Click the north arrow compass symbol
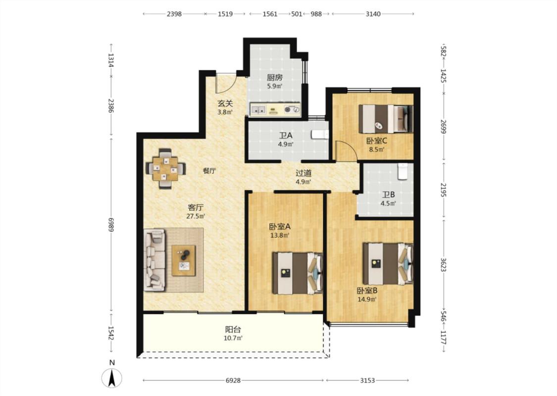coord(112,377)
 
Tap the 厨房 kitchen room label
coord(275,77)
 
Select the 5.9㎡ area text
coord(275,86)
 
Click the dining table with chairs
coord(165,168)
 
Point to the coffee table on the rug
coord(184,260)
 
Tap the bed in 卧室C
coord(386,119)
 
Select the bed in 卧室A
coord(298,273)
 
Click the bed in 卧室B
coord(388,263)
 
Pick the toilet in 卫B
coord(403,172)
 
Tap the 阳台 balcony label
coord(233,329)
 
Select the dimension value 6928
coord(233,380)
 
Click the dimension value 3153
coord(367,380)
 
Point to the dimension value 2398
coord(174,14)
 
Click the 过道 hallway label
coord(304,173)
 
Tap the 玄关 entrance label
coord(225,103)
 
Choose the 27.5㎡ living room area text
coord(196,216)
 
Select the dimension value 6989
coord(111,224)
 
